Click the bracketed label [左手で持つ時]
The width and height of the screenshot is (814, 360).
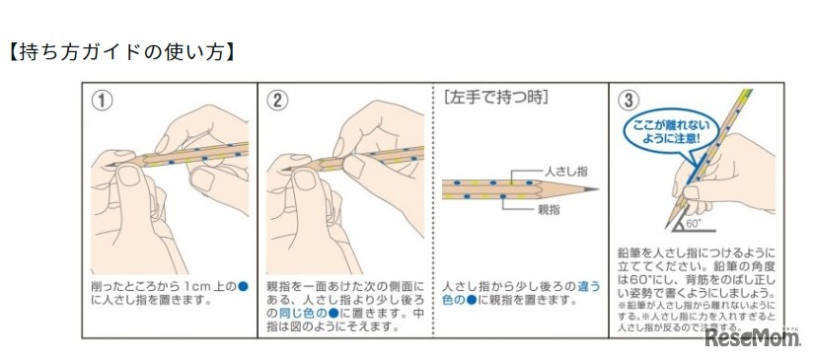coord(496,98)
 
